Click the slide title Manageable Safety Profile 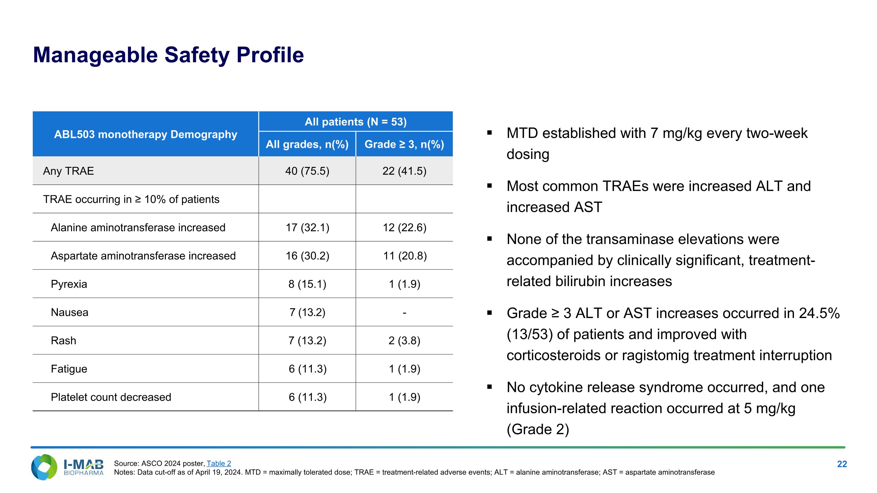[x=168, y=55]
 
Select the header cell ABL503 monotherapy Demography [x=145, y=134]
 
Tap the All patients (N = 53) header [x=355, y=122]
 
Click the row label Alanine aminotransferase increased [x=138, y=227]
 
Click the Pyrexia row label [x=69, y=284]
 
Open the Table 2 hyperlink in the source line [x=219, y=463]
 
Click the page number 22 [x=842, y=464]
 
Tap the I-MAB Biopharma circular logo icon [x=44, y=467]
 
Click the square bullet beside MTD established [x=490, y=133]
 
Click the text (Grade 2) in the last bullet [x=538, y=429]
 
